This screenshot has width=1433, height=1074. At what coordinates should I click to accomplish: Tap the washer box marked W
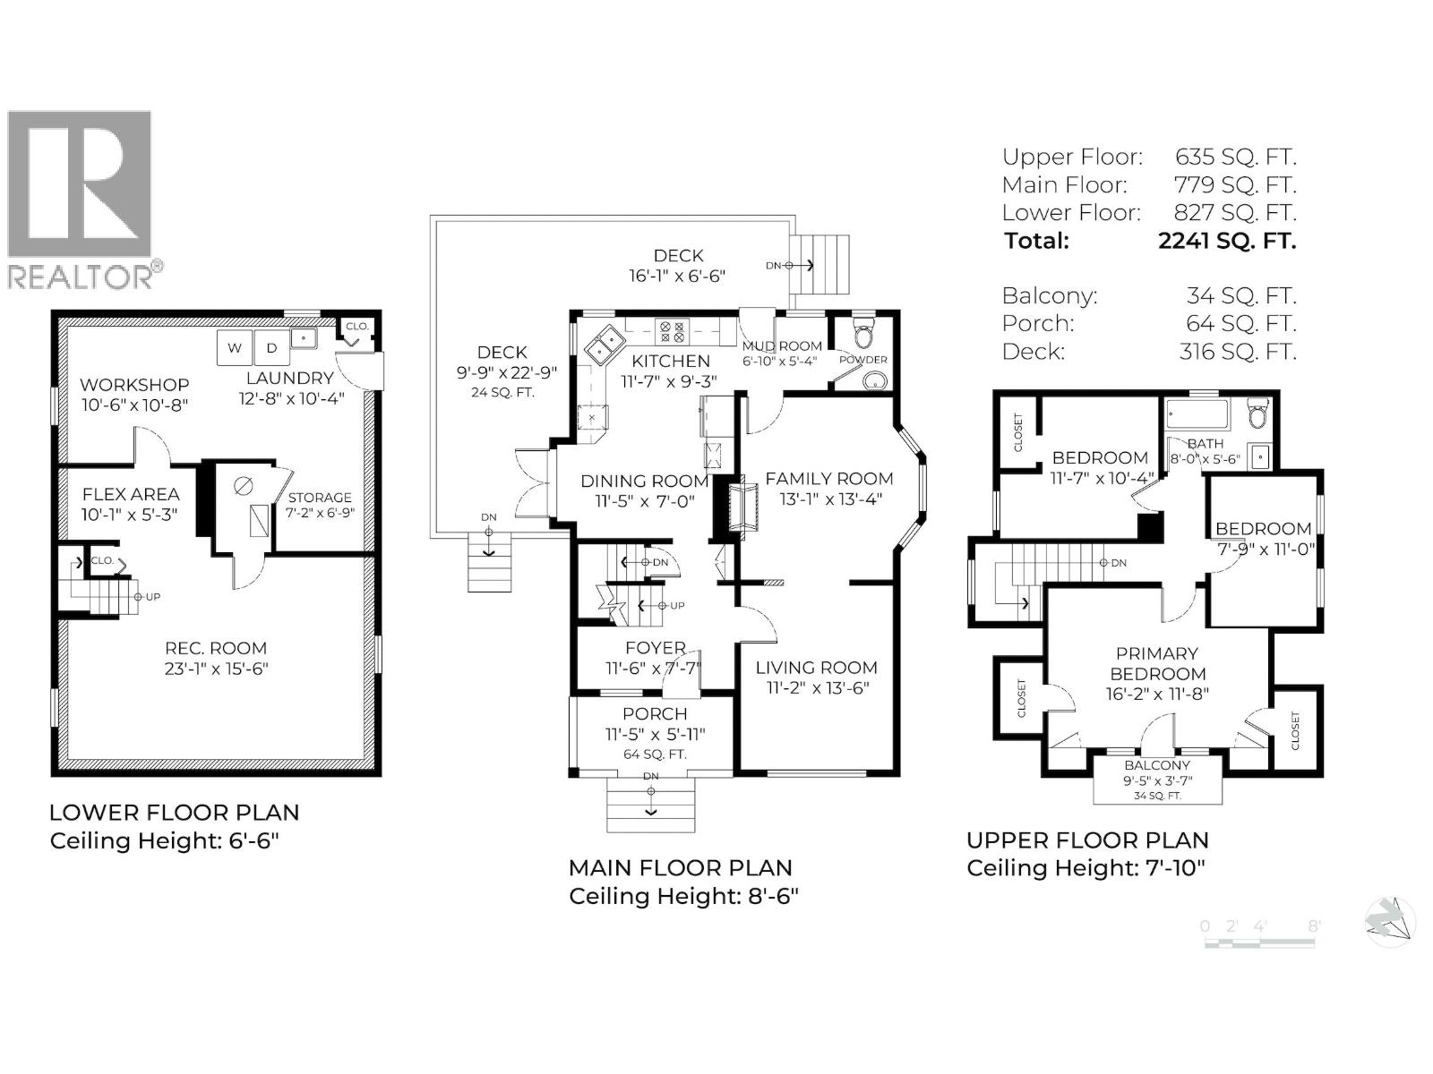(x=234, y=348)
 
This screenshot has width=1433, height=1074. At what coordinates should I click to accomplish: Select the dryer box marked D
(x=272, y=348)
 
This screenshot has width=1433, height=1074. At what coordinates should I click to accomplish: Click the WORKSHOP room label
(x=134, y=385)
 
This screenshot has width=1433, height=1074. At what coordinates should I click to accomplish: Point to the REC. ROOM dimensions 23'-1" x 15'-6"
(x=216, y=669)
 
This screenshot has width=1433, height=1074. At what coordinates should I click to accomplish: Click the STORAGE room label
(x=320, y=498)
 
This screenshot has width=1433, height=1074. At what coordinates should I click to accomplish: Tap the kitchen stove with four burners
(x=672, y=332)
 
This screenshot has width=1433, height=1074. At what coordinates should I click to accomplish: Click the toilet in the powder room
(x=863, y=334)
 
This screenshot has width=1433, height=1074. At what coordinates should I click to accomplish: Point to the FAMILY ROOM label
(x=828, y=479)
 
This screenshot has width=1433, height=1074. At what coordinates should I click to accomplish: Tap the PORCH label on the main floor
(x=655, y=714)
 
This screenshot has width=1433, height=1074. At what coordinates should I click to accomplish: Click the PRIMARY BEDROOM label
(x=1157, y=664)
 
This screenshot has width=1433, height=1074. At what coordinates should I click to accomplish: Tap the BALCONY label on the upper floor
(x=1157, y=765)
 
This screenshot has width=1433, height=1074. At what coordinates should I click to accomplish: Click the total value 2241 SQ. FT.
(x=1226, y=241)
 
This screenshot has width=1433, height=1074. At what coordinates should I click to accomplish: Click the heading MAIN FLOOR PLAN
(x=680, y=868)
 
